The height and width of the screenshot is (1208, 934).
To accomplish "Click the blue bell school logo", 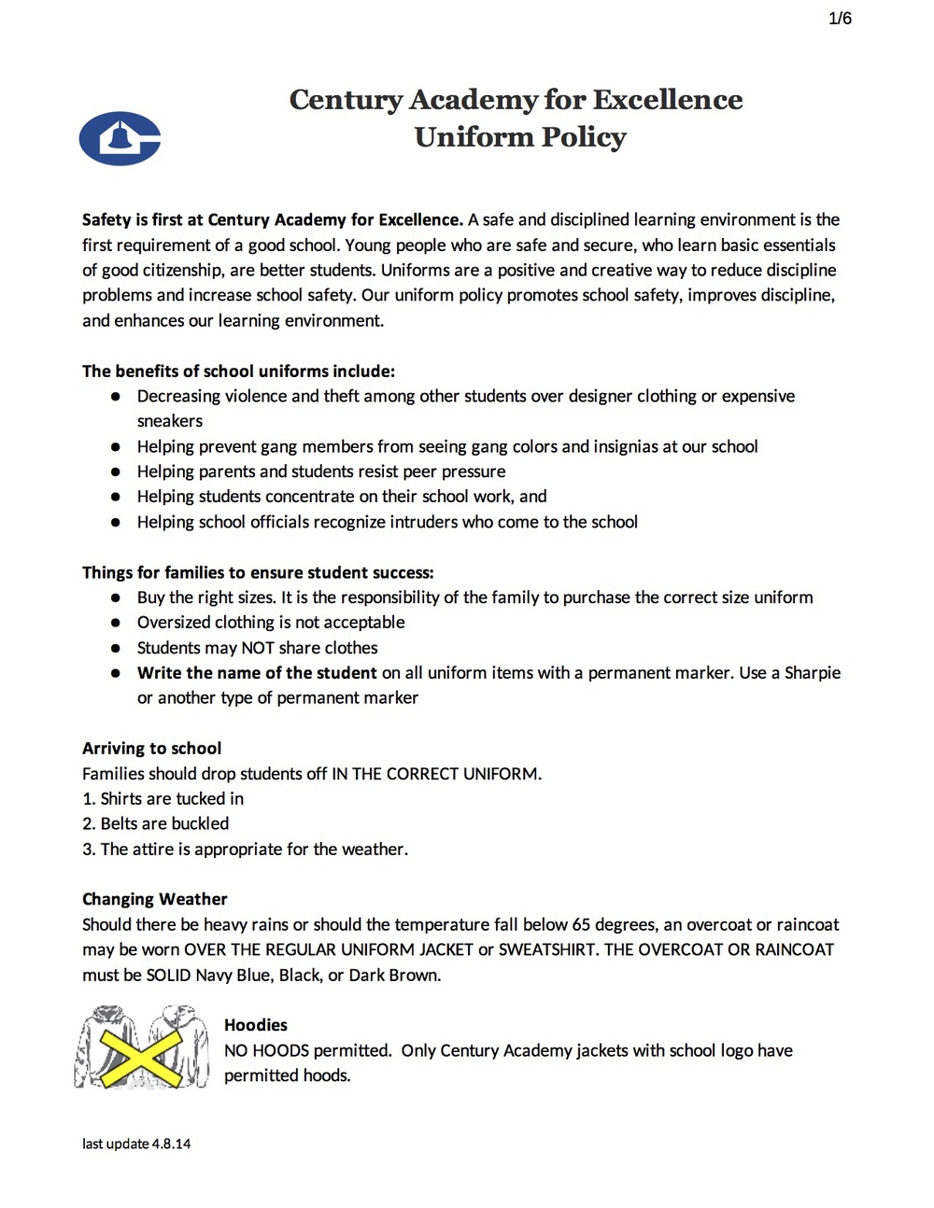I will click(120, 138).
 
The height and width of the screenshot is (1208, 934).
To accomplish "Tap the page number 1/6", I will click(840, 19).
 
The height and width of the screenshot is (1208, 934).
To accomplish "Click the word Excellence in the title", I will click(668, 99).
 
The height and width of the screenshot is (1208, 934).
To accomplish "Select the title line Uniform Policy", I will click(520, 137).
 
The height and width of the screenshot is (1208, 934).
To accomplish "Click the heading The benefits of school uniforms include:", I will click(238, 371).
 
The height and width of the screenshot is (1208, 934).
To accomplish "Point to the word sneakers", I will click(170, 421).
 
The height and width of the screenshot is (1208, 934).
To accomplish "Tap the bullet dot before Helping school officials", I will click(116, 522).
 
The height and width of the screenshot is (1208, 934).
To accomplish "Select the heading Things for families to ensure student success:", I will click(258, 572).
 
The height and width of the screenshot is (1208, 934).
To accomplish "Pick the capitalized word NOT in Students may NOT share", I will click(258, 648).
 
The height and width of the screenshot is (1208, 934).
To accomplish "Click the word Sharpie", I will click(813, 672).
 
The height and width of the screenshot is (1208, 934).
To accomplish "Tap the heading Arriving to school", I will click(152, 748).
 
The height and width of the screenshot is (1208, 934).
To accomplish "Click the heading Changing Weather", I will click(155, 899).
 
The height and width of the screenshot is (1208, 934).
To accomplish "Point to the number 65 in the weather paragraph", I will click(581, 924).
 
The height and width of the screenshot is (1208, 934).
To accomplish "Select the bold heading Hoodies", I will click(256, 1025).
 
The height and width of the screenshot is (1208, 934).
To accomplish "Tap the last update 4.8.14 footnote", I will click(136, 1144).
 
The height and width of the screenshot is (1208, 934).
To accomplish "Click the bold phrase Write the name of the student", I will click(257, 672).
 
